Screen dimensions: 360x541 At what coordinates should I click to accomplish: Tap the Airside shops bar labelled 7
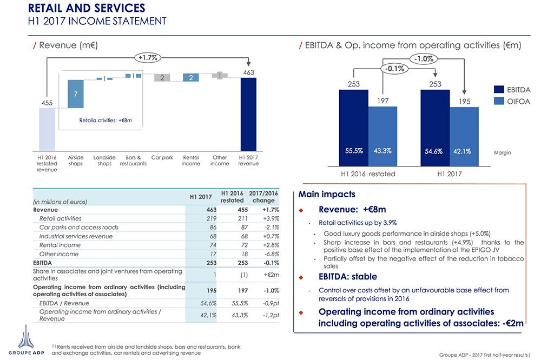click(75, 94)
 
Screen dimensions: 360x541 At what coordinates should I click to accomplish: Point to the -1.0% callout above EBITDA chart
click(425, 58)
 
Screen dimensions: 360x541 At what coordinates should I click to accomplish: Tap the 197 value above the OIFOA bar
click(382, 101)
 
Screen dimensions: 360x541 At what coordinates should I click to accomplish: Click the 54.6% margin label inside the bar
click(434, 151)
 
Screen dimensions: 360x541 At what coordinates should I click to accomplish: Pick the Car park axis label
click(162, 158)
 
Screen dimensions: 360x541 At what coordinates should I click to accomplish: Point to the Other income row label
click(59, 254)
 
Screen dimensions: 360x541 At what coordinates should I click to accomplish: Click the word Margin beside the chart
click(503, 152)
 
